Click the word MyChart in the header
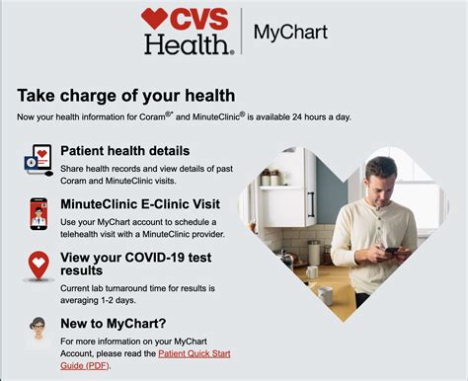tap(290, 32)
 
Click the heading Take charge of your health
tap(126, 95)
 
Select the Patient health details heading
tap(125, 151)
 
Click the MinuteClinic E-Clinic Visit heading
tap(140, 203)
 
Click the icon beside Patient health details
tap(38, 159)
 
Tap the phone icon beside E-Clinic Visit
tap(38, 212)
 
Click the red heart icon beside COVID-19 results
tap(39, 266)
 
